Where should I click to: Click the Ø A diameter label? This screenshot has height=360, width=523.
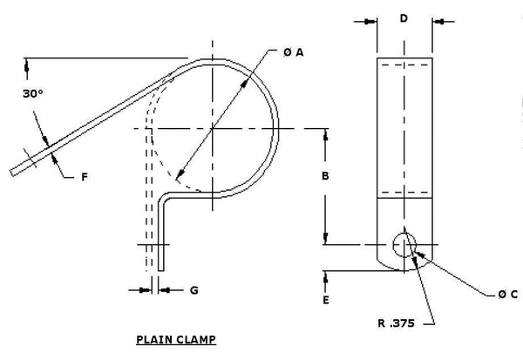coord(293,53)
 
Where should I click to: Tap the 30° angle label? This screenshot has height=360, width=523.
coord(35,92)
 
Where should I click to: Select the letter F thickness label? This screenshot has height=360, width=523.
coord(85,177)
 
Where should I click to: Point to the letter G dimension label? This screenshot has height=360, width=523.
coord(194,289)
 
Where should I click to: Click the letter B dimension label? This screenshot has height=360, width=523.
coord(324,177)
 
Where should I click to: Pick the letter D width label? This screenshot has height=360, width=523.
coord(404,18)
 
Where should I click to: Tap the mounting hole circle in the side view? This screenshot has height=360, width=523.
coord(404,245)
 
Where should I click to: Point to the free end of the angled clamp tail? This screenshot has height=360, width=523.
coord(16,170)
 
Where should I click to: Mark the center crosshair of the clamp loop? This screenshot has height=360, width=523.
coord(213,128)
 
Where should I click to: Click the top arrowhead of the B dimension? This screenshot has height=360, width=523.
coord(324,133)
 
